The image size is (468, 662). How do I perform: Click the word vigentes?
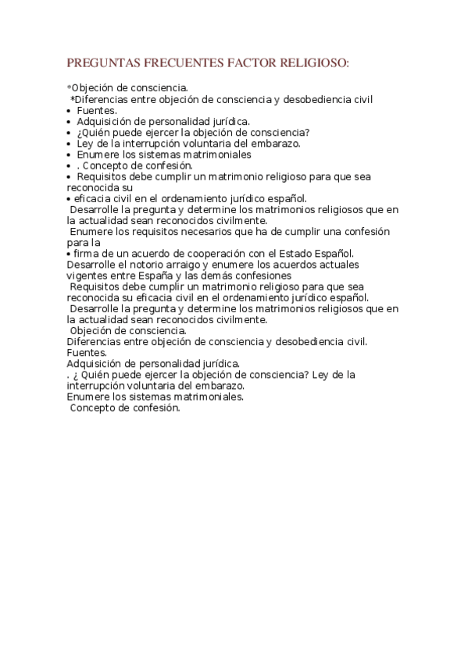pyautogui.click(x=88, y=275)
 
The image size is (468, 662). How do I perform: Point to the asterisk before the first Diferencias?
pyautogui.click(x=72, y=100)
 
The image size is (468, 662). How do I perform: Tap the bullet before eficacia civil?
pyautogui.click(x=69, y=198)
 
